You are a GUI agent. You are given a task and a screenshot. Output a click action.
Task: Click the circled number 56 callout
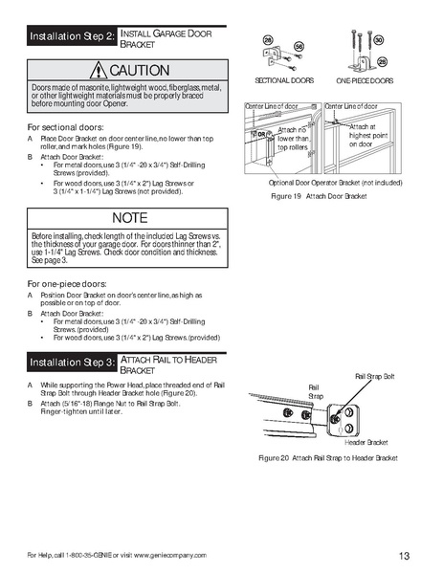299,46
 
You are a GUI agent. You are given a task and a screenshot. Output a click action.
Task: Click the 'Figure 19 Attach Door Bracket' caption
320,194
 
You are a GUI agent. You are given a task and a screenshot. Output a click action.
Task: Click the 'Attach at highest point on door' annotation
363,135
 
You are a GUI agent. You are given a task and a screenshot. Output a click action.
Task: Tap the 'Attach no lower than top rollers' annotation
292,139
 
